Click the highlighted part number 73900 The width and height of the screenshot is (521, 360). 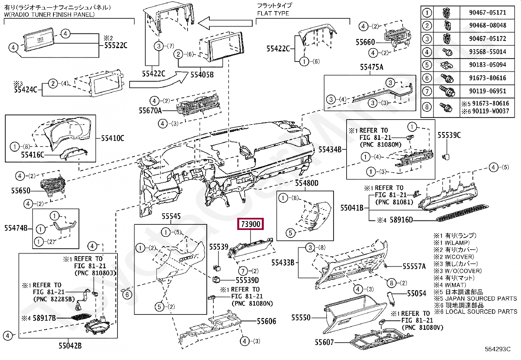(x=251, y=224)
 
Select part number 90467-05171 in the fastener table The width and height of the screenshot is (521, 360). (x=487, y=12)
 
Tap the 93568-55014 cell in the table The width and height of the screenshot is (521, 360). (x=487, y=52)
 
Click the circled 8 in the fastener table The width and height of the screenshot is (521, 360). (x=427, y=107)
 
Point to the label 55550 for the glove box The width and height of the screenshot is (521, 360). (x=301, y=317)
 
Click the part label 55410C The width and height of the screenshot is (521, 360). (x=113, y=138)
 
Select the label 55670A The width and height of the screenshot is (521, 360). (x=150, y=111)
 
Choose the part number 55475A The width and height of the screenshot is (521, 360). (x=371, y=67)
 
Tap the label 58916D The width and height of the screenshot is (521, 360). (x=401, y=220)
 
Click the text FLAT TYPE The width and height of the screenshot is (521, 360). (x=273, y=13)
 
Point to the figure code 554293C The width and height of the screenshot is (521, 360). (x=497, y=349)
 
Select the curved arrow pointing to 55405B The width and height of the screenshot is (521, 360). (x=157, y=82)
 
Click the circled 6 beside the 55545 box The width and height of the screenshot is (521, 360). (x=127, y=294)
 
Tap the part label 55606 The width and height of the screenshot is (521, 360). (x=266, y=321)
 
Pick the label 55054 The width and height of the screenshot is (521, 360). (x=417, y=293)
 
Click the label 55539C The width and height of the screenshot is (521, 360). (x=449, y=135)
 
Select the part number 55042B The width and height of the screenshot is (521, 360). (x=70, y=346)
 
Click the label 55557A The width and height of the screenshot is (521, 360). (x=414, y=266)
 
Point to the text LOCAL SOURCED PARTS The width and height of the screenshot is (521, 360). (x=481, y=312)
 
